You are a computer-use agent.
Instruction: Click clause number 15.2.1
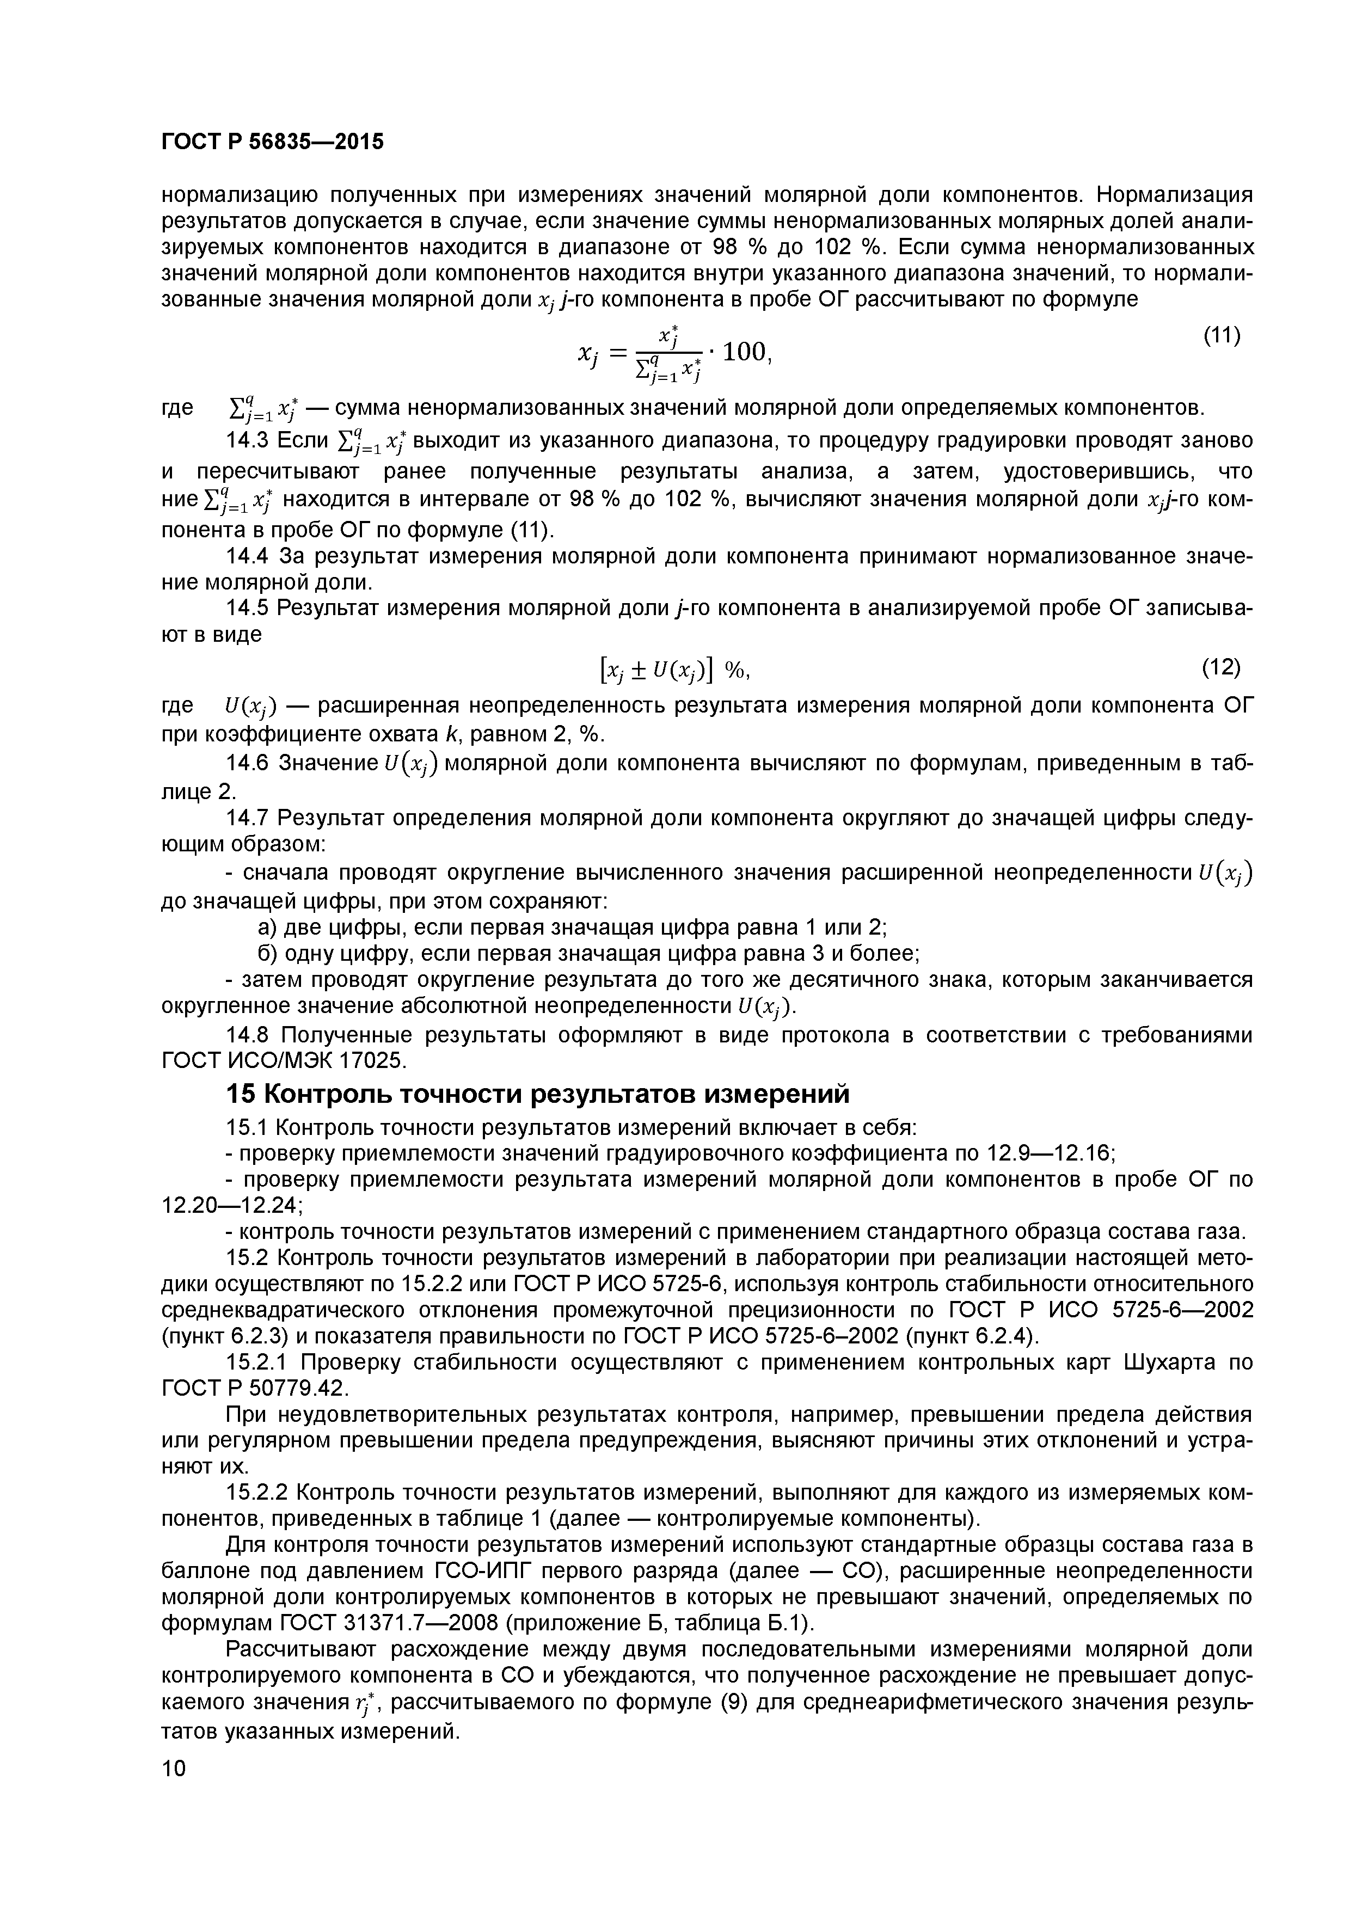(x=260, y=1362)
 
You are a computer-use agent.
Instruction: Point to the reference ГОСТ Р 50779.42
(x=254, y=1389)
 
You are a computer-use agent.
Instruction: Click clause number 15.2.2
(x=260, y=1493)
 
